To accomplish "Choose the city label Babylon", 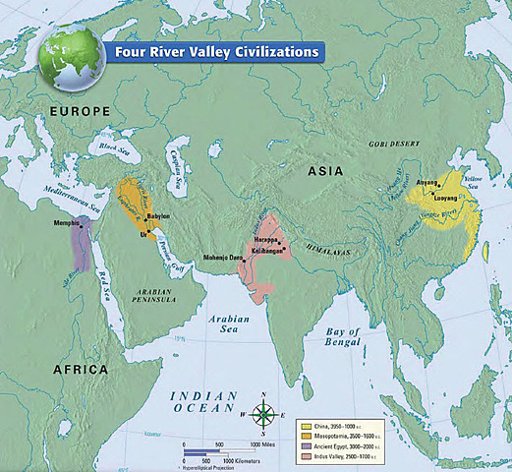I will coord(157,214).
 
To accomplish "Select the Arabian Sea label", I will coord(226,324).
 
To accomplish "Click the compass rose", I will coord(262,414).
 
